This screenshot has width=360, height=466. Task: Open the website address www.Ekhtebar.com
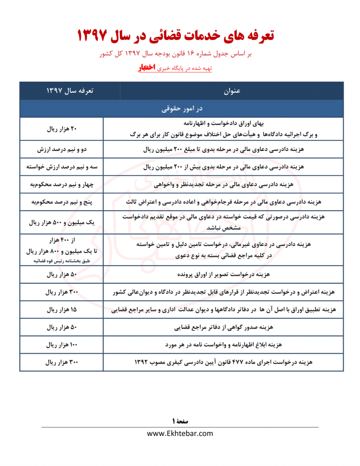click(180, 434)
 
